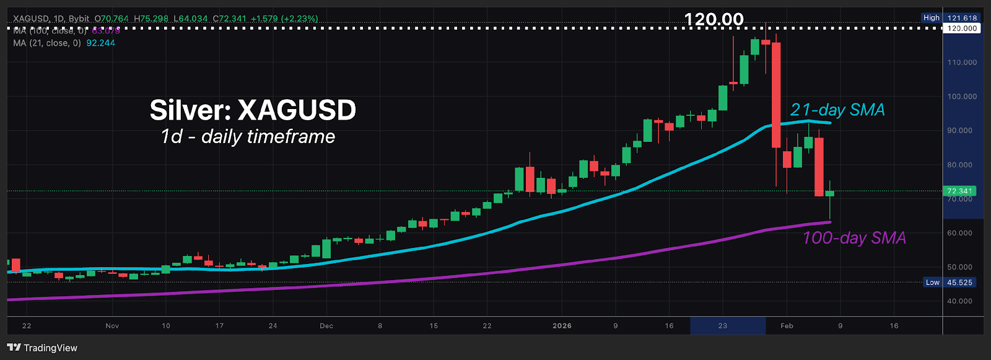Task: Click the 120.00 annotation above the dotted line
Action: tap(714, 19)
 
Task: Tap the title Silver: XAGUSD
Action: tap(253, 110)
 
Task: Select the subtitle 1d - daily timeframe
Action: tap(248, 136)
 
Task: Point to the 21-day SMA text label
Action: tap(837, 110)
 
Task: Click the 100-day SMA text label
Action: tap(854, 238)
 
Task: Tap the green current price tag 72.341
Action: tap(959, 191)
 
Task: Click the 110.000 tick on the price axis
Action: tap(962, 63)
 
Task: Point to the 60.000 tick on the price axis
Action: tap(960, 233)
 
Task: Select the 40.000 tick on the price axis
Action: tap(960, 301)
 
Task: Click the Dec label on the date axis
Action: tap(326, 326)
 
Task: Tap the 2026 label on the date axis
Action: tap(562, 326)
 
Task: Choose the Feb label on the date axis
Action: tap(787, 326)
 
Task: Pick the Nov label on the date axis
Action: tap(112, 326)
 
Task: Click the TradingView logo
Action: tap(42, 348)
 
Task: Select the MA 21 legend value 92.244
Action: tap(100, 43)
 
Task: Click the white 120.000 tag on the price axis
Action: tap(962, 29)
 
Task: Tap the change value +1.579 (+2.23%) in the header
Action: tap(284, 19)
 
